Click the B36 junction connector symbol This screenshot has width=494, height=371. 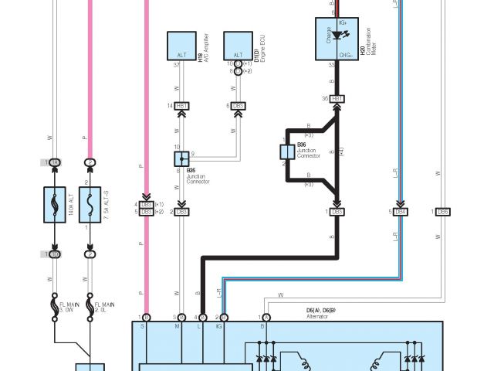click(x=286, y=151)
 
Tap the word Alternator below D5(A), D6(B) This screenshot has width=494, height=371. click(x=317, y=316)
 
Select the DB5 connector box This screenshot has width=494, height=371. click(x=443, y=211)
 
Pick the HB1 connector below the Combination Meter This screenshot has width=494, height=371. click(x=337, y=98)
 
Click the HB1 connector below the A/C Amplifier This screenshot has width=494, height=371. click(x=182, y=105)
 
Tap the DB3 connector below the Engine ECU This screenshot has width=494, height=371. click(x=238, y=105)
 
